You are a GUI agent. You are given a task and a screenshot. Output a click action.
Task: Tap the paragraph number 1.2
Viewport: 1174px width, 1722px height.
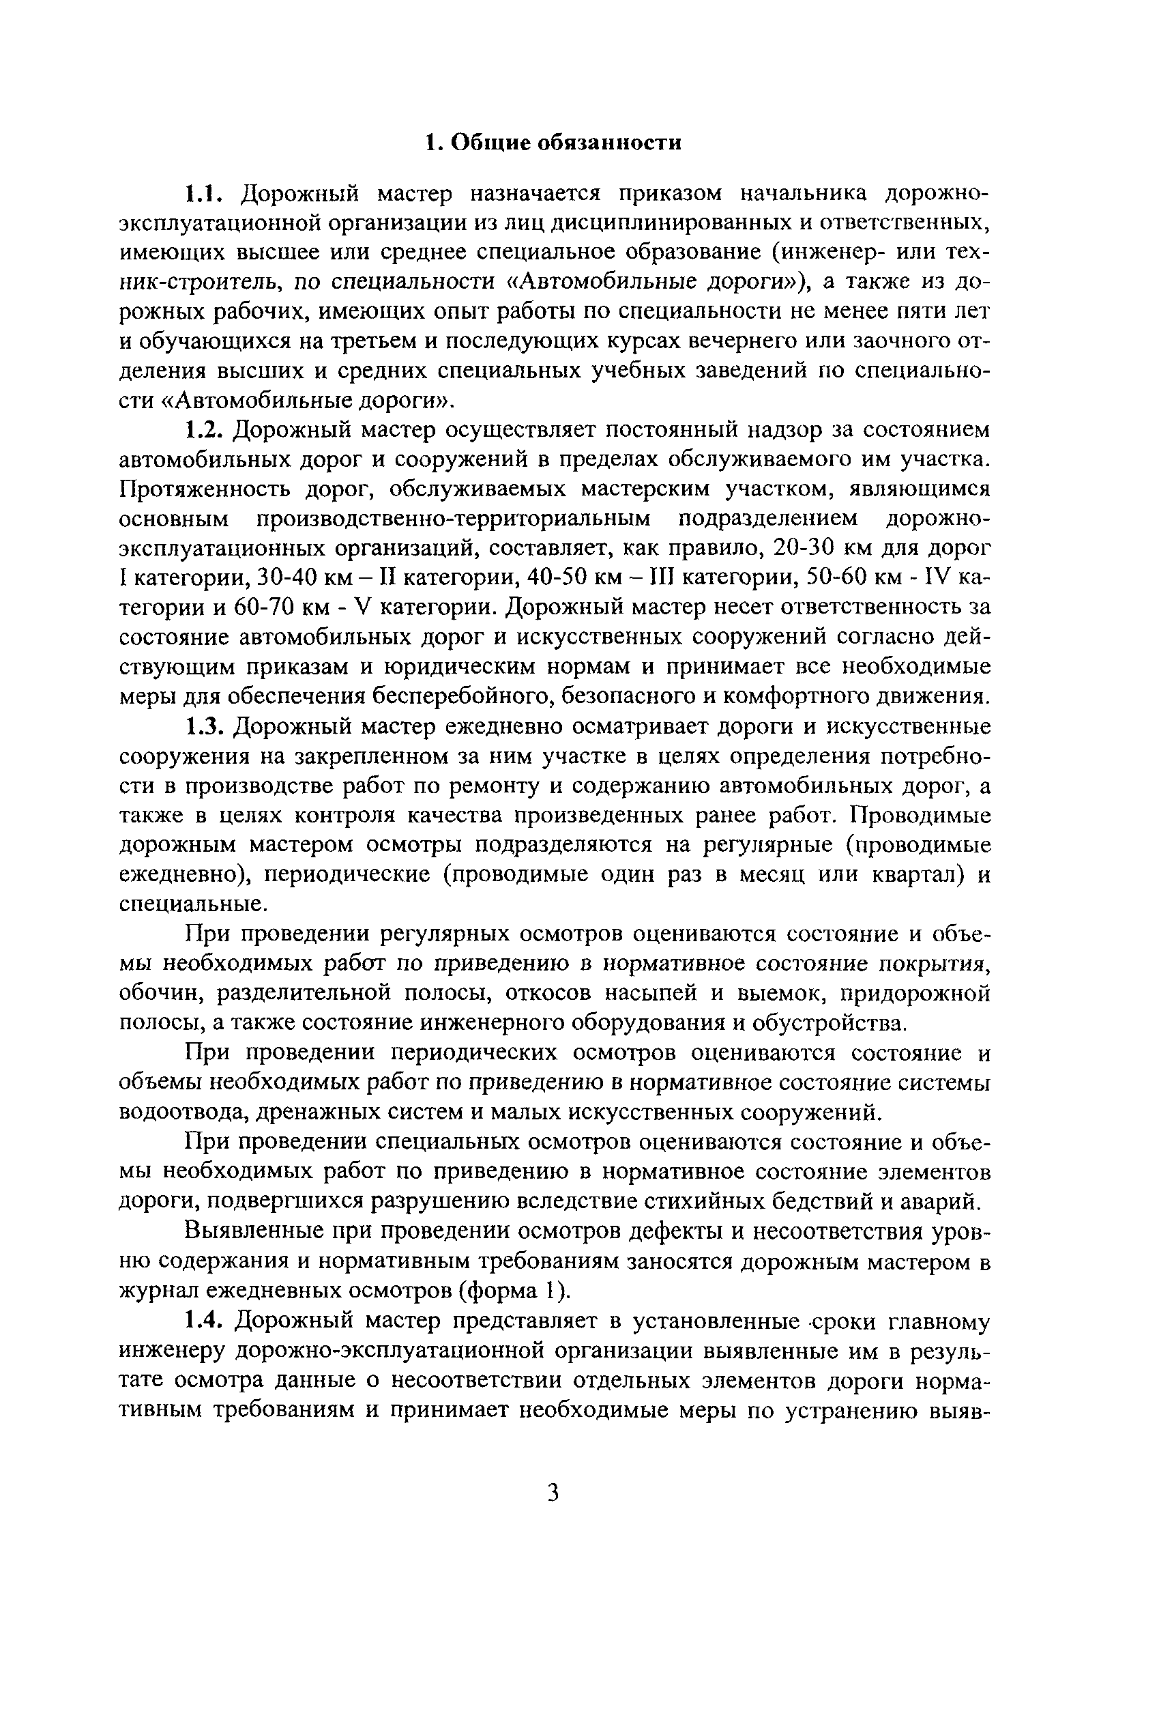pyautogui.click(x=205, y=431)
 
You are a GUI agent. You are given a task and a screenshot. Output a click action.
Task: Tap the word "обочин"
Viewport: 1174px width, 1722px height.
pyautogui.click(x=159, y=994)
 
